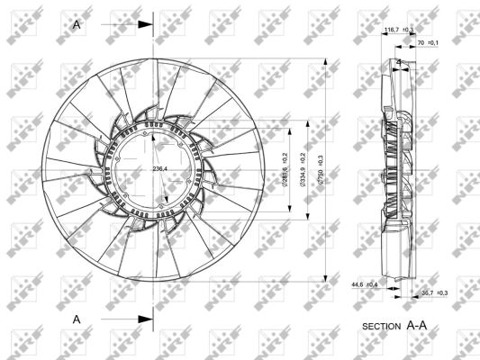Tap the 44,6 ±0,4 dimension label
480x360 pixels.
[x=365, y=285]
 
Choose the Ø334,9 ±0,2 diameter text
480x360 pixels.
[x=304, y=171]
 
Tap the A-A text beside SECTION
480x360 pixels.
[x=416, y=324]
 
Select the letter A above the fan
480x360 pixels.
[x=77, y=24]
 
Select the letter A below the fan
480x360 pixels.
[x=77, y=319]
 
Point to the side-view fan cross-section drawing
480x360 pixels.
[x=399, y=171]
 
